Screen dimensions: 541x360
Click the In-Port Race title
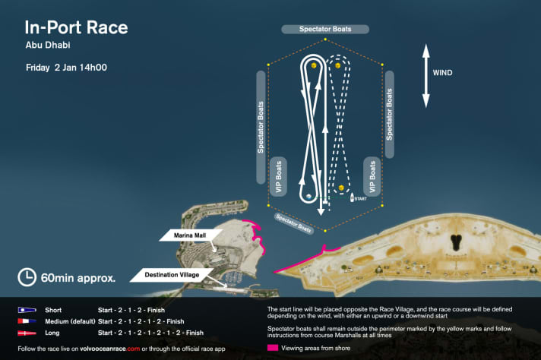tap(76, 27)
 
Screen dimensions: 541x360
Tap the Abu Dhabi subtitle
tap(48, 45)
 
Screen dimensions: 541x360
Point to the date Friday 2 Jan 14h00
tap(66, 68)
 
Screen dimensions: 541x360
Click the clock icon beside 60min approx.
tap(27, 277)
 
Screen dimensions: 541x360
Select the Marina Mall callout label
tap(190, 235)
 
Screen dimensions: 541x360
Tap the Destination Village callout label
tap(172, 275)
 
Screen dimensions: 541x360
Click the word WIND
tap(442, 73)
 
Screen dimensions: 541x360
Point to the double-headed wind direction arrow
tap(426, 76)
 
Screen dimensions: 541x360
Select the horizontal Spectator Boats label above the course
tap(325, 29)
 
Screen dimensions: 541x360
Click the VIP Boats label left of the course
tap(278, 176)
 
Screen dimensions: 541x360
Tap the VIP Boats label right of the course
tap(372, 176)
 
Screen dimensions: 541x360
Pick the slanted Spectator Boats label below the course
tap(294, 223)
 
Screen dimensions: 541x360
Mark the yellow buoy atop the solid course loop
tap(314, 65)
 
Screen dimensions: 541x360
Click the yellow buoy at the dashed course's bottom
tap(341, 188)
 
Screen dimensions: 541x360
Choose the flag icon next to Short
tap(27, 310)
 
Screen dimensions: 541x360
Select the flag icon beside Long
tap(27, 333)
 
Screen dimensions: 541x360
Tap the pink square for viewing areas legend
tap(273, 348)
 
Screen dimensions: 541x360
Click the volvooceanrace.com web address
tap(110, 349)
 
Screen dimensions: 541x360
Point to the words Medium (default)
tap(70, 322)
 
